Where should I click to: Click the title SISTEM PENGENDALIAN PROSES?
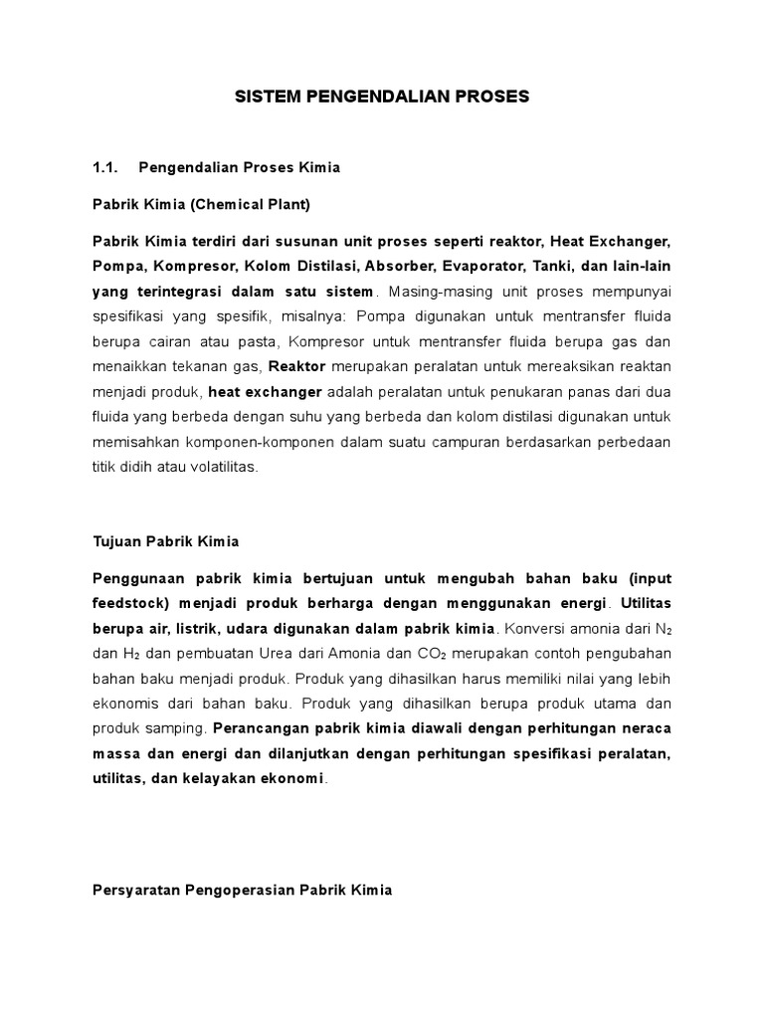(382, 97)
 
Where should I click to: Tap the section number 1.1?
(105, 167)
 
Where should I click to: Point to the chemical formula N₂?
(662, 629)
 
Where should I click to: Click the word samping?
(177, 728)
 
